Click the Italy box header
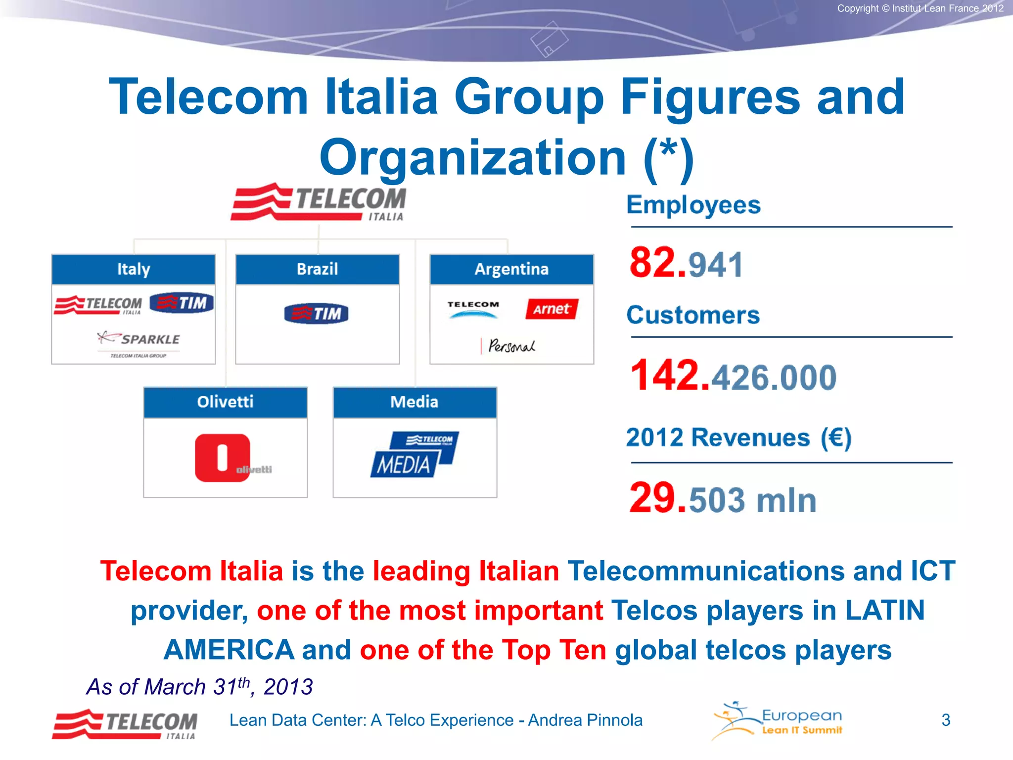133,269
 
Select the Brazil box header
317,269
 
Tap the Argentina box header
511,269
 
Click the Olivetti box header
225,402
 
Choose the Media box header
414,402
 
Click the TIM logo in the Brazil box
317,313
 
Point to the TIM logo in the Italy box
182,302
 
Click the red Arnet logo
552,309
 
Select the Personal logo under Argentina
509,345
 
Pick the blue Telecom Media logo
414,454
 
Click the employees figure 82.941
686,263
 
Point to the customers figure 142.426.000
733,376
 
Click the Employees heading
693,205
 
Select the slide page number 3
946,720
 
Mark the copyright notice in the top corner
920,8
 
